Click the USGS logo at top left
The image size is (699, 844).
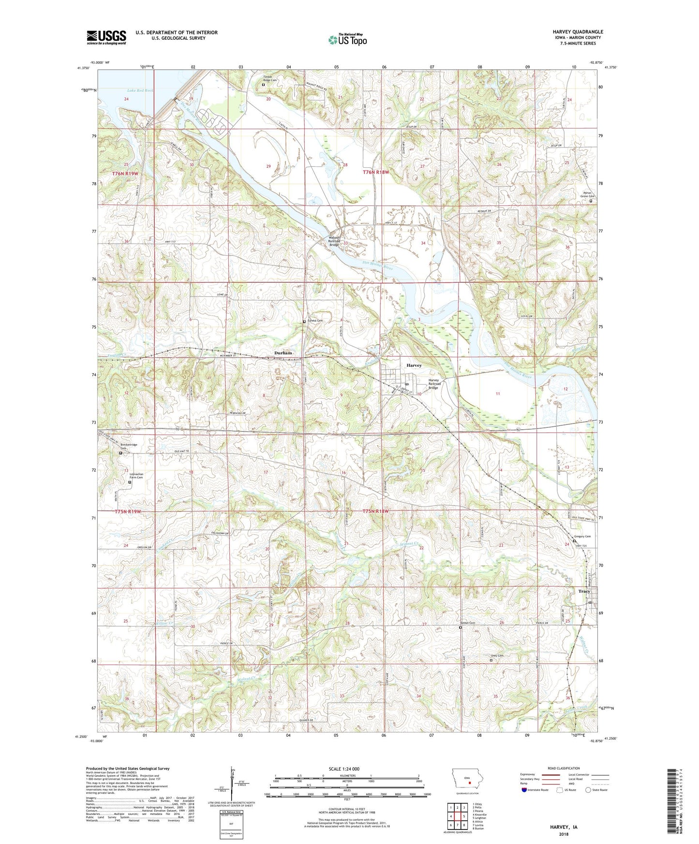[x=106, y=37]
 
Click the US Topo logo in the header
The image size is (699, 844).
[x=347, y=40]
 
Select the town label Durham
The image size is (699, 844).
[x=283, y=353]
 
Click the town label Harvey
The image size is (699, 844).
[x=414, y=365]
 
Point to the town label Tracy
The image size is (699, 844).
[x=584, y=591]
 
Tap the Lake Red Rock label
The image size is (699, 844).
[x=140, y=90]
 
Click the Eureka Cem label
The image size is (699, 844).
[x=314, y=320]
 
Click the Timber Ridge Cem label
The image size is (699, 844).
[x=264, y=78]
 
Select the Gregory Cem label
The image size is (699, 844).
[x=582, y=537]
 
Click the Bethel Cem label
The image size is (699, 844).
[x=468, y=623]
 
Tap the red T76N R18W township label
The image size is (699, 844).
[x=376, y=172]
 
